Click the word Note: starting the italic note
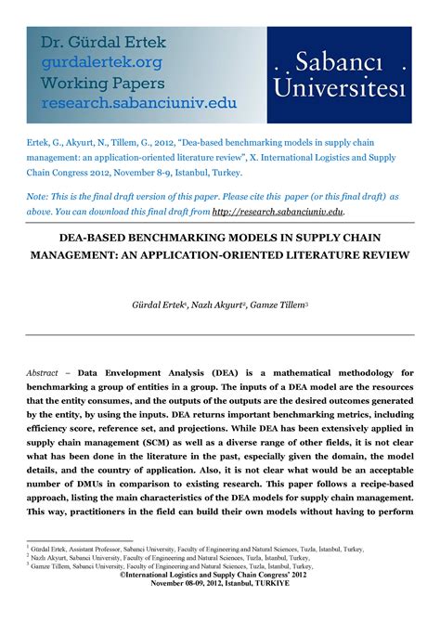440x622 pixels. tap(40, 198)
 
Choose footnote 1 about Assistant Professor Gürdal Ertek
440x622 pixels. tap(197, 550)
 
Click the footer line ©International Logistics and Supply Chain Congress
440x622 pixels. tap(220, 577)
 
